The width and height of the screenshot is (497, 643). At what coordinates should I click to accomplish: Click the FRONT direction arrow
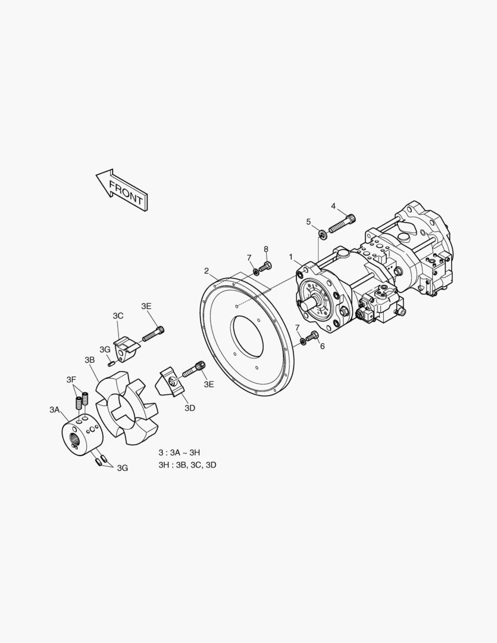(122, 190)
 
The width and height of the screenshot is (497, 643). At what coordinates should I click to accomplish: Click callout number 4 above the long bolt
(333, 206)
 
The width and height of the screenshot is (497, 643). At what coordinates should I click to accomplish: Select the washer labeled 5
(323, 235)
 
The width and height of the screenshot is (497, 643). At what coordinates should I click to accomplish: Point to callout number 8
(265, 249)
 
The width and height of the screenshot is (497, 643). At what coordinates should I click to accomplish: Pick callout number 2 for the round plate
(207, 271)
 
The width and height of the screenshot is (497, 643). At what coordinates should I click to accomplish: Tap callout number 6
(323, 347)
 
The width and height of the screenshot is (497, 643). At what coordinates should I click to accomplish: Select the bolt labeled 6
(312, 336)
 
